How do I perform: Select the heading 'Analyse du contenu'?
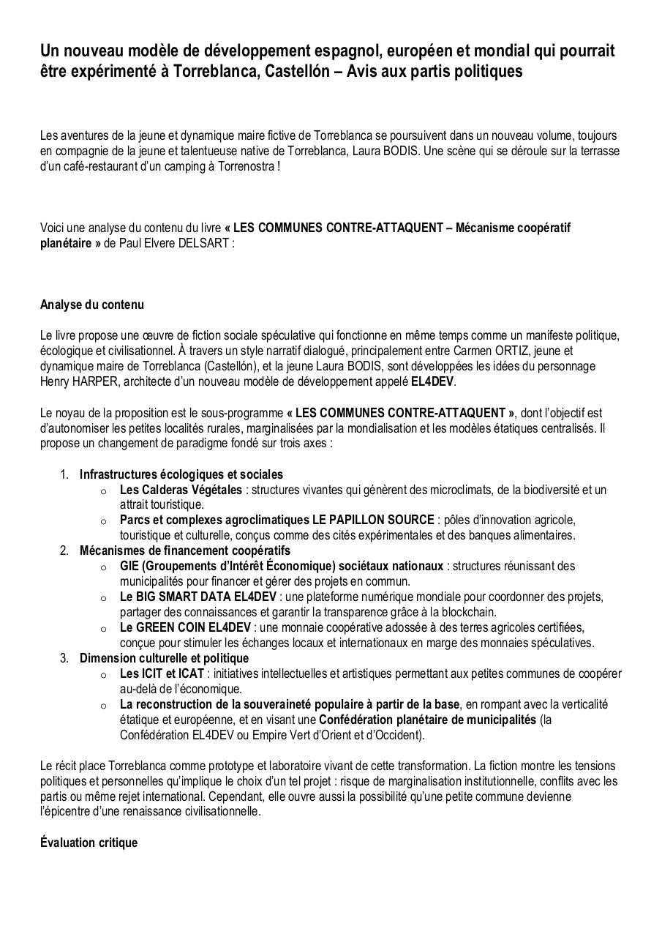[x=92, y=305]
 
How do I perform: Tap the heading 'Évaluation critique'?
[x=89, y=843]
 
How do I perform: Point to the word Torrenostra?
[x=247, y=166]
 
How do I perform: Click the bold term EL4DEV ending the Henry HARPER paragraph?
[x=432, y=381]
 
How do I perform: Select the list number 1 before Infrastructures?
[x=64, y=474]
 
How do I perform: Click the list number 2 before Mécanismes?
[x=64, y=550]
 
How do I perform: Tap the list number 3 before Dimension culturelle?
[x=64, y=658]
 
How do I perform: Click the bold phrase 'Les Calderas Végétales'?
[x=181, y=490]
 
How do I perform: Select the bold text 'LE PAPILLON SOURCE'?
[x=373, y=520]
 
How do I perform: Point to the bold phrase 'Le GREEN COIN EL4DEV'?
[x=185, y=627]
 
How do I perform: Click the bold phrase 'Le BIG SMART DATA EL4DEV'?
[x=198, y=597]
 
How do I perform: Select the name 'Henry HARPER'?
[x=73, y=381]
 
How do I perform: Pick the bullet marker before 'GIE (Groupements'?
[x=104, y=567]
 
